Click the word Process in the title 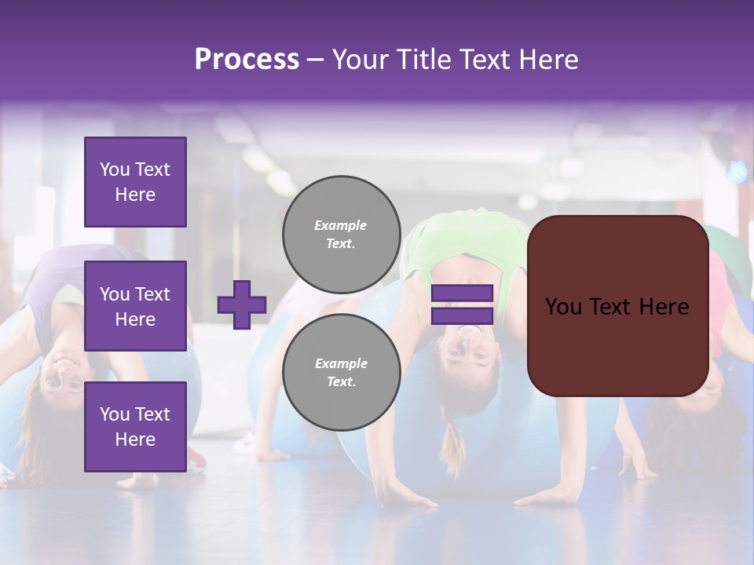[247, 60]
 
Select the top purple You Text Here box [135, 182]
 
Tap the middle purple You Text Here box [135, 306]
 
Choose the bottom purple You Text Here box [135, 426]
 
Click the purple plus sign [242, 304]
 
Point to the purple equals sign [462, 304]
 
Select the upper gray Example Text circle [341, 234]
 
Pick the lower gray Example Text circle [341, 372]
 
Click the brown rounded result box [617, 305]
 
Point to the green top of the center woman [463, 243]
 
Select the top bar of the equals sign [462, 293]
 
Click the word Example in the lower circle [341, 363]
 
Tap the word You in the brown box [563, 306]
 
